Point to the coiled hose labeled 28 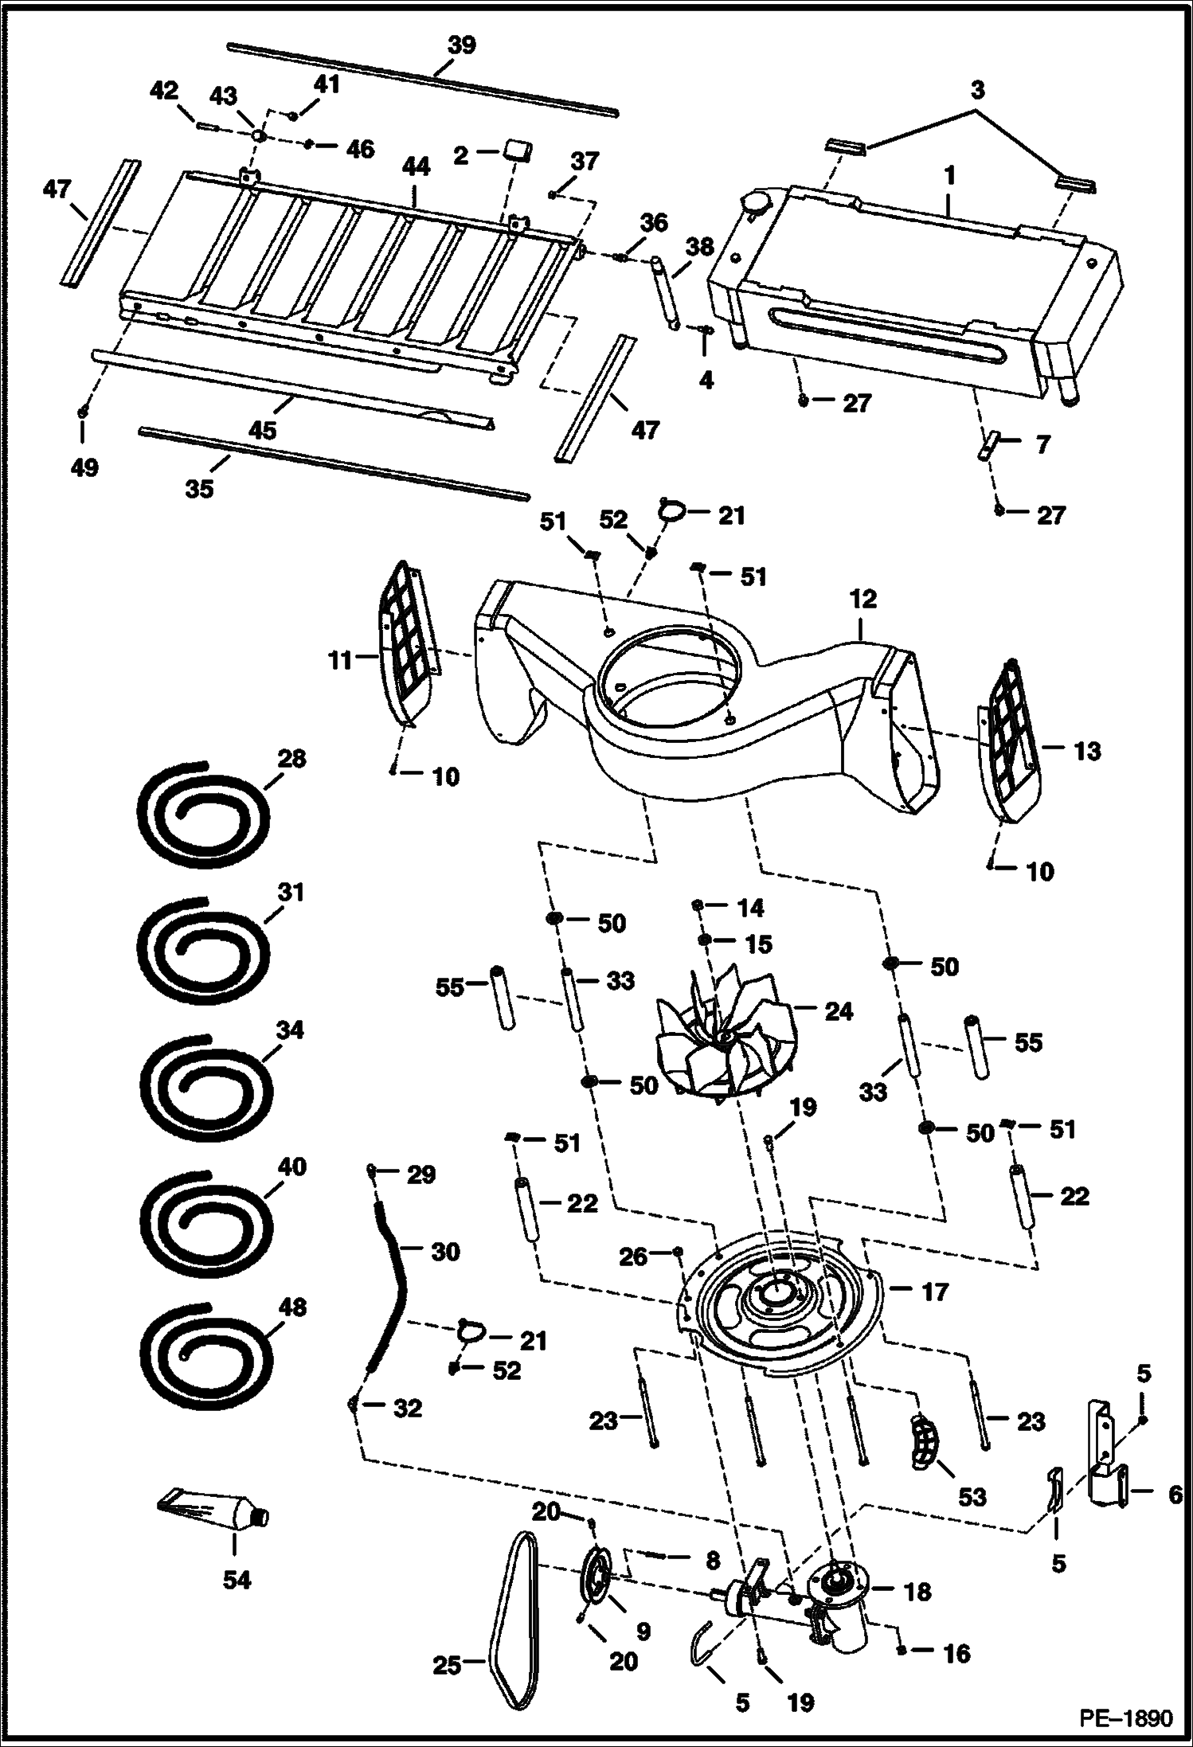click(x=201, y=819)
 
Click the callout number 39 click(x=461, y=45)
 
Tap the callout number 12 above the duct click(x=862, y=598)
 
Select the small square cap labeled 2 click(x=519, y=149)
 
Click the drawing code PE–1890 click(x=1126, y=1717)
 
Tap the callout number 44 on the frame click(x=416, y=166)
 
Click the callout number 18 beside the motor click(x=917, y=1592)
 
